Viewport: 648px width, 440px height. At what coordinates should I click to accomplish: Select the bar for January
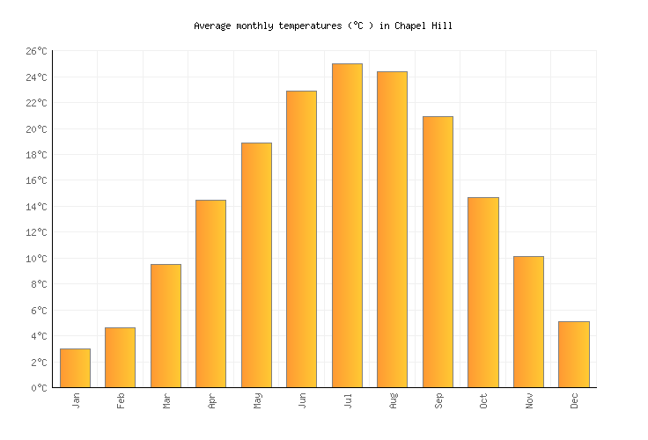75,368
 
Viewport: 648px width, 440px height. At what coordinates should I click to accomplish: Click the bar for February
120,357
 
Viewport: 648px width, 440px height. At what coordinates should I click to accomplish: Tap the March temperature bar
166,326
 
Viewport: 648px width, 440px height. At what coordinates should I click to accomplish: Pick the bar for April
210,293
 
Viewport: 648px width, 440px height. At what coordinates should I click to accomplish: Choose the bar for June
301,238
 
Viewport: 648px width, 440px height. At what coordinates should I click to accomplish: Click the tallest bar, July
347,225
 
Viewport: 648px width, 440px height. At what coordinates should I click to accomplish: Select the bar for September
438,252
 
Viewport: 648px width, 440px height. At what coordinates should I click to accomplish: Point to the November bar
528,321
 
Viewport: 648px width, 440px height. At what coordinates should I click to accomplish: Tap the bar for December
573,354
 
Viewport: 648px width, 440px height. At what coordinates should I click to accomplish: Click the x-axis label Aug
393,400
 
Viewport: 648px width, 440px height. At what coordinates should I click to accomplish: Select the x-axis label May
256,400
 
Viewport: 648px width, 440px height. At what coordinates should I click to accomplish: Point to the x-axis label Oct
483,400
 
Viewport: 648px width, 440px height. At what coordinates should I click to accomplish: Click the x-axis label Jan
75,400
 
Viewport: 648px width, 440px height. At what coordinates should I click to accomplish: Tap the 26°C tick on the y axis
36,52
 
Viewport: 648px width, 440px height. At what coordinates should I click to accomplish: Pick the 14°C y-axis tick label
36,207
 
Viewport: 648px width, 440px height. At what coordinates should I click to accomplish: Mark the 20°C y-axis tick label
36,129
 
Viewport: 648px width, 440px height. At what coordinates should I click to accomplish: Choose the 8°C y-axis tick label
39,284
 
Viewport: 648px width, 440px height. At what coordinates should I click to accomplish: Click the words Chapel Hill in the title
423,26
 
